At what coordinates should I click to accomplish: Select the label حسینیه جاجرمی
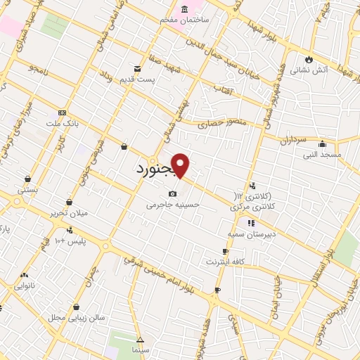click(x=173, y=205)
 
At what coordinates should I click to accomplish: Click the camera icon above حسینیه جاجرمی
click(x=172, y=193)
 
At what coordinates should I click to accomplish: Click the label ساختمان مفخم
click(x=186, y=20)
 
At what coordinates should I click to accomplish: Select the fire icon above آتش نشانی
click(x=309, y=58)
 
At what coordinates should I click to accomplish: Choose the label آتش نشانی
click(x=310, y=70)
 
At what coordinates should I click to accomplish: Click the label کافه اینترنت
click(x=224, y=262)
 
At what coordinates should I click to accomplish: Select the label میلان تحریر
click(x=67, y=212)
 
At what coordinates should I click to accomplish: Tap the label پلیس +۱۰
click(x=70, y=241)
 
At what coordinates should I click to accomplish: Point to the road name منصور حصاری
click(x=223, y=123)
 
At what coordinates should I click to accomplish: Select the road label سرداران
click(x=290, y=141)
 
